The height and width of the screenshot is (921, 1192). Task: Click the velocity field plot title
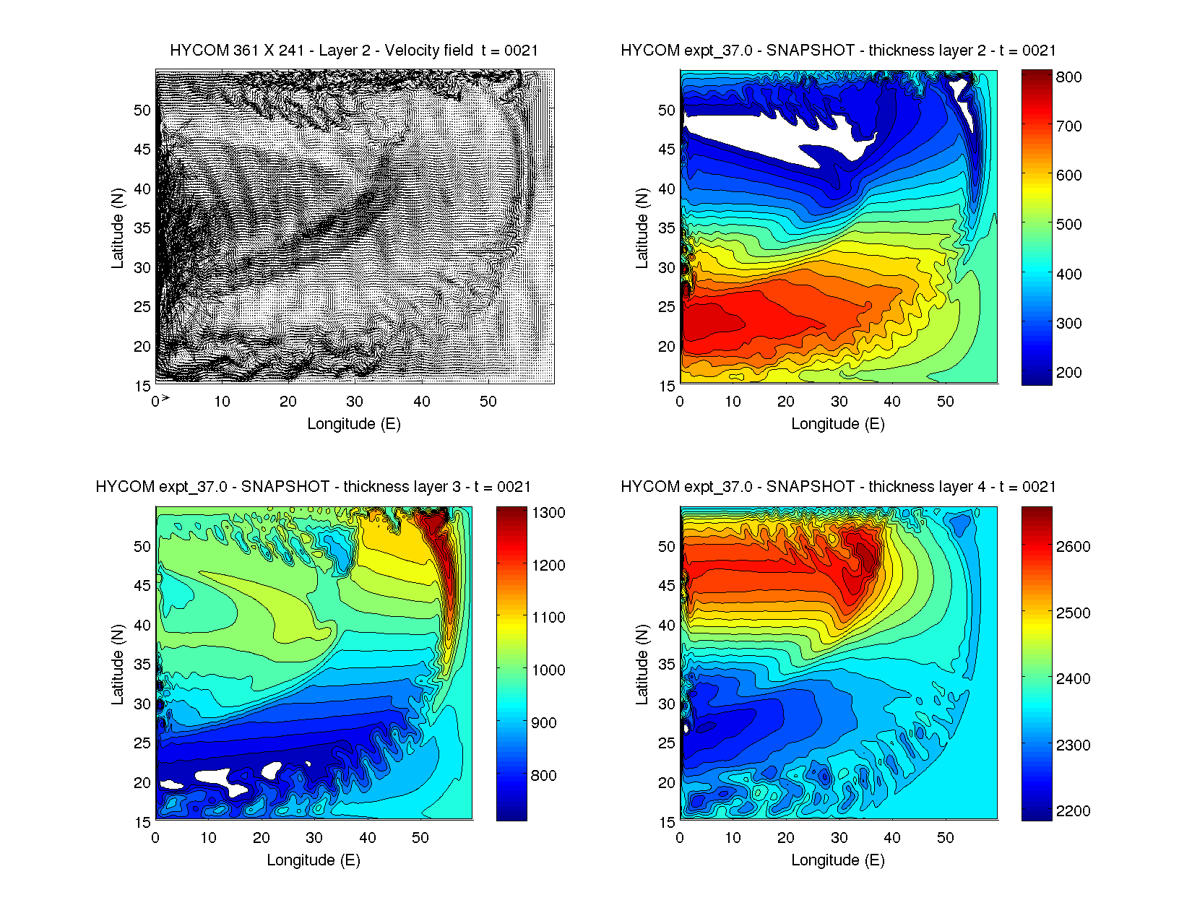point(354,51)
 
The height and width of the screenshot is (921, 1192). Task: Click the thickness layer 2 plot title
point(838,51)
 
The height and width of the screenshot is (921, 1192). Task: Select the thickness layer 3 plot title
point(313,487)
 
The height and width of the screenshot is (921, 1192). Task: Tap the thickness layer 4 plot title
point(838,487)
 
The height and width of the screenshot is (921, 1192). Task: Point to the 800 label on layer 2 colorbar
point(1068,77)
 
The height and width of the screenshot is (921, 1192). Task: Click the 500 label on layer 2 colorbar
point(1068,225)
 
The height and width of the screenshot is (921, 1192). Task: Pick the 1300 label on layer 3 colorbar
point(548,513)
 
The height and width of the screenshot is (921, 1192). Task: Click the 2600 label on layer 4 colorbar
point(1073,547)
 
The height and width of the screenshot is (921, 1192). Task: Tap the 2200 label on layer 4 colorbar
point(1073,811)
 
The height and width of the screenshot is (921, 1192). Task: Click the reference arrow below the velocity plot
point(165,398)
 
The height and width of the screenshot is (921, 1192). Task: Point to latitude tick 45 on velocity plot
point(142,150)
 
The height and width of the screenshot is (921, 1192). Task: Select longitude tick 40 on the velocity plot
point(421,402)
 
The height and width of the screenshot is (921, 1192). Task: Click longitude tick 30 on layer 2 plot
point(839,402)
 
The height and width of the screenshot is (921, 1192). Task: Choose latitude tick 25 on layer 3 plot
point(142,743)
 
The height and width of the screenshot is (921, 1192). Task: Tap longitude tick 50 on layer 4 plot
point(945,838)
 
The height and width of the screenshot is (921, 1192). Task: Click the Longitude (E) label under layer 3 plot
point(313,860)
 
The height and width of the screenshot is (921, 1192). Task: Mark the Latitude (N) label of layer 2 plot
point(642,228)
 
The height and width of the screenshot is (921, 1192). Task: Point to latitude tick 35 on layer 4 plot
point(667,665)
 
